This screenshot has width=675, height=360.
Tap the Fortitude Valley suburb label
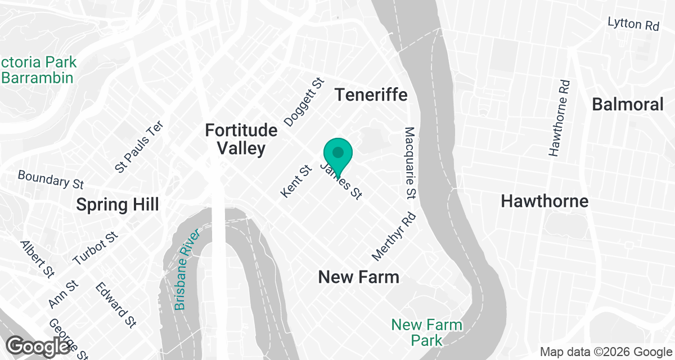[241, 139]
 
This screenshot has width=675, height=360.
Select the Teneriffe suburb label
[371, 94]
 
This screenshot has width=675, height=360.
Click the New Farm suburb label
[358, 277]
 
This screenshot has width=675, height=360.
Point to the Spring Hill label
[117, 204]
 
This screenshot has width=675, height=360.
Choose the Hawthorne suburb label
[544, 201]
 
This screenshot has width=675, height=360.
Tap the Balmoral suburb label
[628, 104]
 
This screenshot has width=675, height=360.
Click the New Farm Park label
[427, 332]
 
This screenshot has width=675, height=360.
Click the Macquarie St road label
[410, 163]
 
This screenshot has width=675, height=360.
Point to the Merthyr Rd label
[394, 236]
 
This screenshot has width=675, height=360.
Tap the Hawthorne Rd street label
[560, 118]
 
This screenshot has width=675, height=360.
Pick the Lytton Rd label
[633, 25]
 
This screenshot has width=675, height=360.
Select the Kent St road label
[296, 181]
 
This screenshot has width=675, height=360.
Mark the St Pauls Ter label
[138, 146]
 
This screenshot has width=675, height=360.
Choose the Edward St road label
[115, 304]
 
